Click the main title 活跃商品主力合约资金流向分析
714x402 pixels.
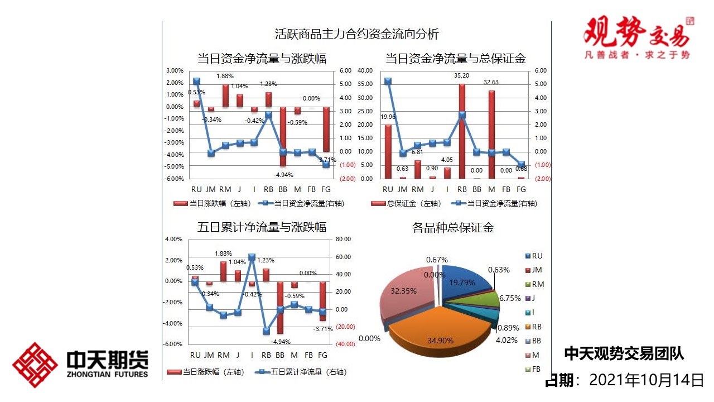coord(357,34)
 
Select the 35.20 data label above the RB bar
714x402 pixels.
coord(461,75)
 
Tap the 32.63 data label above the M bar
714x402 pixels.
coord(491,82)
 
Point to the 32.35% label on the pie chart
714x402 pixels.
coord(403,291)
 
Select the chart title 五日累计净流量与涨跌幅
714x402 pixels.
coord(262,227)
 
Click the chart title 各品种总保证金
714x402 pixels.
coord(453,228)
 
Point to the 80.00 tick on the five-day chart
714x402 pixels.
coord(343,240)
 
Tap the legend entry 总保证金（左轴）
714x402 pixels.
coord(406,204)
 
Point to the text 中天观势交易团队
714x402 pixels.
coord(624,353)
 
